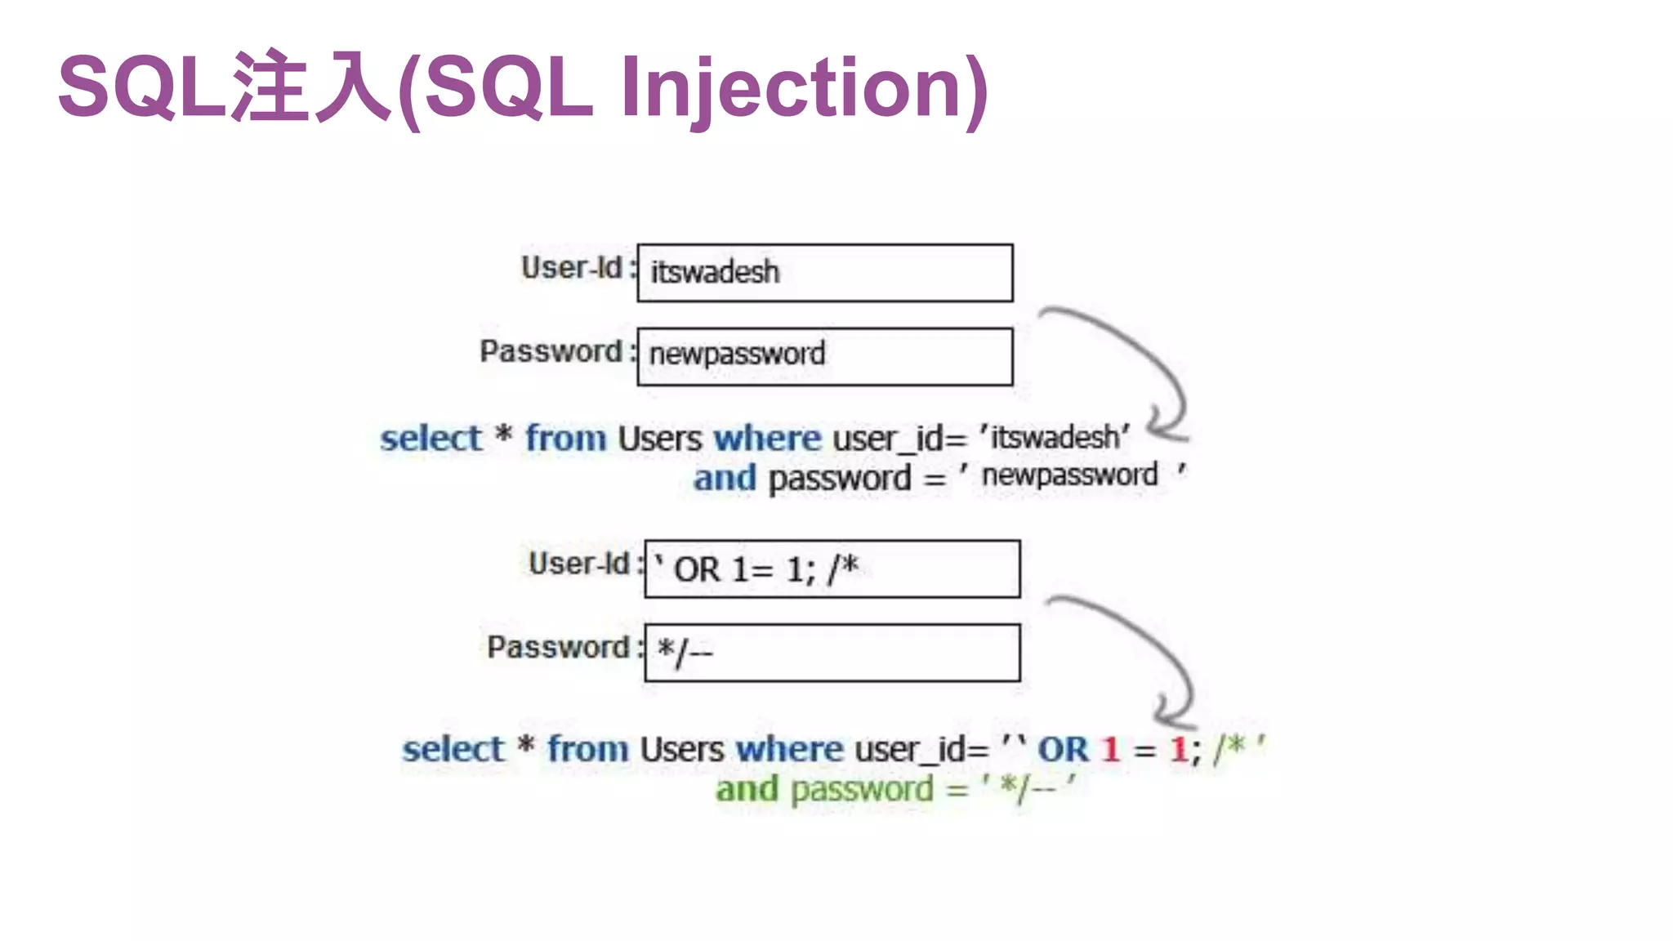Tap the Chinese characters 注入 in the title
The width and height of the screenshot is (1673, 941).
pos(312,87)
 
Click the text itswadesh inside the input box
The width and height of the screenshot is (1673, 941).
pos(715,272)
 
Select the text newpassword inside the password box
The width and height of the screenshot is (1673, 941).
pos(737,355)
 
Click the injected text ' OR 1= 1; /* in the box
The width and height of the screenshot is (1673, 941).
pos(757,569)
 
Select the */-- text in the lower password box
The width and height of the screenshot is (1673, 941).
pos(685,652)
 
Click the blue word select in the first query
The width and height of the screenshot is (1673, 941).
pos(431,439)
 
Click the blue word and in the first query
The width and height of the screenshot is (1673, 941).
pos(725,479)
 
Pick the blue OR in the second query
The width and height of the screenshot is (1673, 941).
pos(1063,749)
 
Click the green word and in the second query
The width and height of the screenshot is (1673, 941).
pos(747,790)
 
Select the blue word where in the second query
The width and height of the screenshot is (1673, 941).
pos(789,749)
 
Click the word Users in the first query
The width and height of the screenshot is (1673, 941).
pos(659,439)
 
